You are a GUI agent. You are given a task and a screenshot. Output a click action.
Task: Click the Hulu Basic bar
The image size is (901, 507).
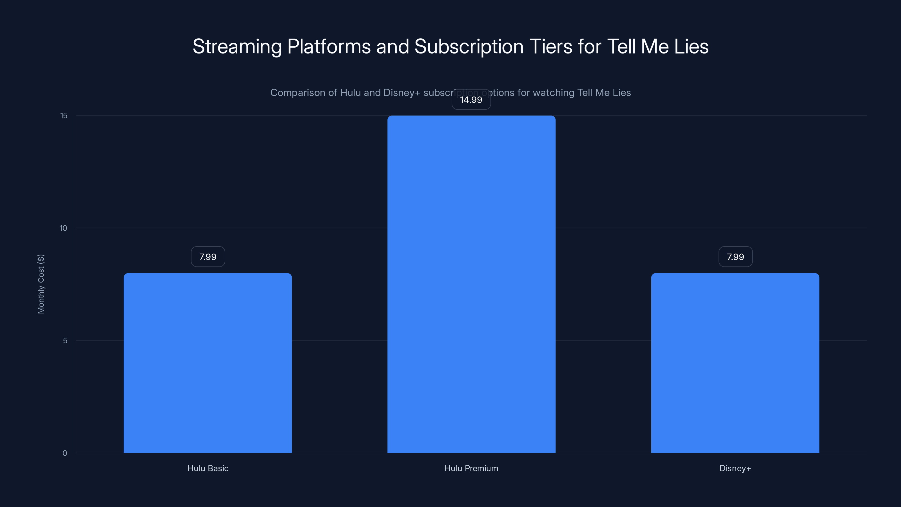tap(208, 363)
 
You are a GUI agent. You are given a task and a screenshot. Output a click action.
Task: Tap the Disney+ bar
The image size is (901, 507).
tap(735, 363)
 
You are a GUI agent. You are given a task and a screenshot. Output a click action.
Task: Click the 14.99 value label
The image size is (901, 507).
tap(471, 100)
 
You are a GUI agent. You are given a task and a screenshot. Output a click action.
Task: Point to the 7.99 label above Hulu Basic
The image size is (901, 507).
tap(208, 257)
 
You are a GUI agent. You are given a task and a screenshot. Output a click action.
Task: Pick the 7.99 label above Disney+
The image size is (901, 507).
tap(735, 257)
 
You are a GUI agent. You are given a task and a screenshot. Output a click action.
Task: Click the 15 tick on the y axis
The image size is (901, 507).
tap(64, 115)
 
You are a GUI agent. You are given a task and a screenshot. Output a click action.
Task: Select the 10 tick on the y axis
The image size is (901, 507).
tap(63, 228)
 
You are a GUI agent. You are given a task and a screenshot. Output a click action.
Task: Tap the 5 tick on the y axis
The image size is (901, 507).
tap(65, 341)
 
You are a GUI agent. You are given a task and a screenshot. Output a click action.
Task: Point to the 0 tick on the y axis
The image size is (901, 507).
tap(65, 453)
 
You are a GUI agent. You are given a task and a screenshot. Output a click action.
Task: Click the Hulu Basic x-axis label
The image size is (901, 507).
tap(208, 468)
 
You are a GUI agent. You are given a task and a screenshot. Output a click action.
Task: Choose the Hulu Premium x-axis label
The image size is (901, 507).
tap(471, 468)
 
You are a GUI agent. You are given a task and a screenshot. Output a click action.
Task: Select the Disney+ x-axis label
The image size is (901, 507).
tap(735, 468)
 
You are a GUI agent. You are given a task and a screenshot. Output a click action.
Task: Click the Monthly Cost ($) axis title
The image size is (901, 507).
tap(41, 284)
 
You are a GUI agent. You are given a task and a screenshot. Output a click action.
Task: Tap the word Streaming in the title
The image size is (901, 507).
tap(237, 46)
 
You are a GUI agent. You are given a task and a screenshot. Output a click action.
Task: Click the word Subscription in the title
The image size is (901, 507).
tap(469, 46)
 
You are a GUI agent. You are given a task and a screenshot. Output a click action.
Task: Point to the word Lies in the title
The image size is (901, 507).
tap(691, 46)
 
